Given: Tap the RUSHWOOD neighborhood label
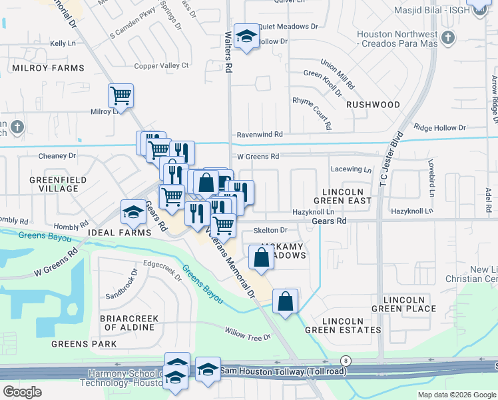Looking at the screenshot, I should click(373, 105).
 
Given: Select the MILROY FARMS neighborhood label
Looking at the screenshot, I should click(47, 68).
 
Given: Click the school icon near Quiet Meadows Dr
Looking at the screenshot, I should click(246, 37).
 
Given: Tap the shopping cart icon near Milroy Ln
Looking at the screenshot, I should click(121, 95).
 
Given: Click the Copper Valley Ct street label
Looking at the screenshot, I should click(162, 65).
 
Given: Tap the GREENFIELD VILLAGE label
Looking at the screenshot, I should click(54, 184).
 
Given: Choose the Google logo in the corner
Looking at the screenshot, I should click(22, 392).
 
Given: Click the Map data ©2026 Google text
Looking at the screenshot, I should click(457, 395).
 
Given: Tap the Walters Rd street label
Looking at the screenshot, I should click(228, 42).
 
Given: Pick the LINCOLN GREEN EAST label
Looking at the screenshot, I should click(342, 195).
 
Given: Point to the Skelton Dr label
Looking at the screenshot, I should click(270, 230).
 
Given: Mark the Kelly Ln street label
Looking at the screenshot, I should click(62, 43).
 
